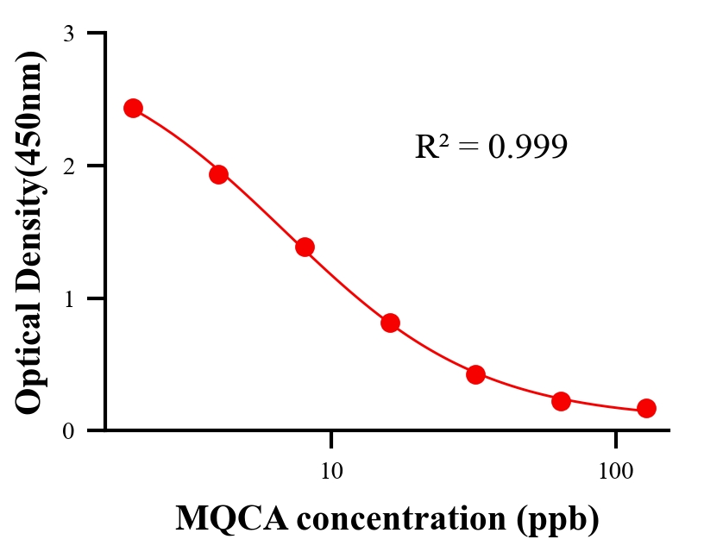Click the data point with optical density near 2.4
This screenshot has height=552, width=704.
pos(133,108)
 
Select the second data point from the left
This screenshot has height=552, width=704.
pos(218,174)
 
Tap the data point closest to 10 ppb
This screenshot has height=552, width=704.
pos(305,248)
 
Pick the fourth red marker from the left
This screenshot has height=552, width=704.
pos(390,323)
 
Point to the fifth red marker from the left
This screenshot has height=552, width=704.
pos(475,374)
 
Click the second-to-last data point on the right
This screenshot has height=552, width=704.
pos(561,401)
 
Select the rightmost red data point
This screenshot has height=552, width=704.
pos(646,408)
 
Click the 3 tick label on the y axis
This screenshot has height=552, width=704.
pos(68,34)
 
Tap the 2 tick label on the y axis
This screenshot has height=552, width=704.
pos(68,166)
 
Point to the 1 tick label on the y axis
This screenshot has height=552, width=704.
pos(68,299)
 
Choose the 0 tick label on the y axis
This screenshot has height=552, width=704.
pos(68,431)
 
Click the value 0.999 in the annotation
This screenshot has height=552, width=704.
pos(527,147)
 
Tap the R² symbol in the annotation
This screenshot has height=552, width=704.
pos(431,147)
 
